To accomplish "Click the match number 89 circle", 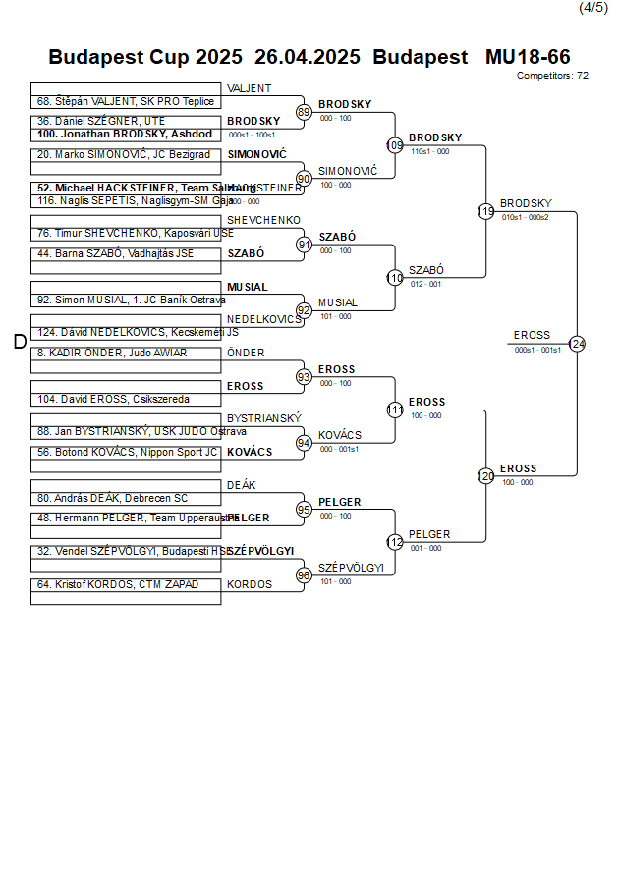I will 304,113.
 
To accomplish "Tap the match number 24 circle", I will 577,344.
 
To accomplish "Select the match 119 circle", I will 485,211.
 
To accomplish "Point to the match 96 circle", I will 304,575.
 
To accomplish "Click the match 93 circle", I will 304,377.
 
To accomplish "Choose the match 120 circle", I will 485,476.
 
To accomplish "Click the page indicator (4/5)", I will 592,8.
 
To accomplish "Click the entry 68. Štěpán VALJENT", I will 125,101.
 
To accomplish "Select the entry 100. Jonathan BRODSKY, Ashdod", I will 124,134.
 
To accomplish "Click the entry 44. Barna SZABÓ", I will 115,253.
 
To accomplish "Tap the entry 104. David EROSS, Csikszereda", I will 113,400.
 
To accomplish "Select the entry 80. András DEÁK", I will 112,498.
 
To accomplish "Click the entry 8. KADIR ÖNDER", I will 111,353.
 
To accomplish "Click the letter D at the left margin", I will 19,342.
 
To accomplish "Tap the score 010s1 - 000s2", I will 525,217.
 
